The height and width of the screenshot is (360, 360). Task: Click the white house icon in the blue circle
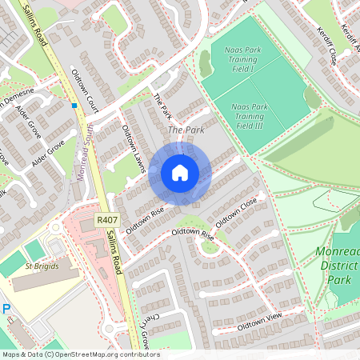click(180, 173)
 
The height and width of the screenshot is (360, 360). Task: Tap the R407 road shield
click(106, 219)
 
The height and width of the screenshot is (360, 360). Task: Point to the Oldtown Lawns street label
click(132, 144)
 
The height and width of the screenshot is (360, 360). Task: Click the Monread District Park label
click(338, 266)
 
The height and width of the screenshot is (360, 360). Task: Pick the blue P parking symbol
click(6, 309)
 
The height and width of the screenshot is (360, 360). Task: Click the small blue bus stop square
click(74, 105)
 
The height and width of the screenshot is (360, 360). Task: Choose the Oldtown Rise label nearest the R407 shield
click(145, 215)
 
